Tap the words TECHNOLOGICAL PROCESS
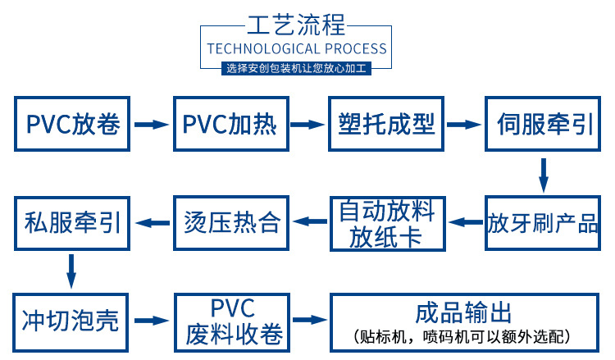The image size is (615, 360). tap(296, 48)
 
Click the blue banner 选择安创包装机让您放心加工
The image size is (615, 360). tap(297, 68)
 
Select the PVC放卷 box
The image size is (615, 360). tap(72, 124)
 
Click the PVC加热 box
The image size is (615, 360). tap(230, 124)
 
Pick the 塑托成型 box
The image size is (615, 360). tap(386, 124)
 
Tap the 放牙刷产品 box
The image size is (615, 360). tap(544, 222)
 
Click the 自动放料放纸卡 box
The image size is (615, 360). tap(386, 222)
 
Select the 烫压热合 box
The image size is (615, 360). tap(230, 221)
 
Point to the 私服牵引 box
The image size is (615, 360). tap(72, 221)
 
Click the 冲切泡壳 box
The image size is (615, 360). tap(71, 319)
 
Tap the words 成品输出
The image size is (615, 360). tap(463, 312)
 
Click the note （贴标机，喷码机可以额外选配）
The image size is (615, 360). tap(463, 336)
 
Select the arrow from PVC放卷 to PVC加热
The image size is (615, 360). tap(151, 125)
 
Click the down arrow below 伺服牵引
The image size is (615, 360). tap(543, 174)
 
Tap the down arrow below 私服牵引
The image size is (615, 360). tap(71, 270)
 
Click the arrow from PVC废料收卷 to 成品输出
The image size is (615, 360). tap(308, 319)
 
